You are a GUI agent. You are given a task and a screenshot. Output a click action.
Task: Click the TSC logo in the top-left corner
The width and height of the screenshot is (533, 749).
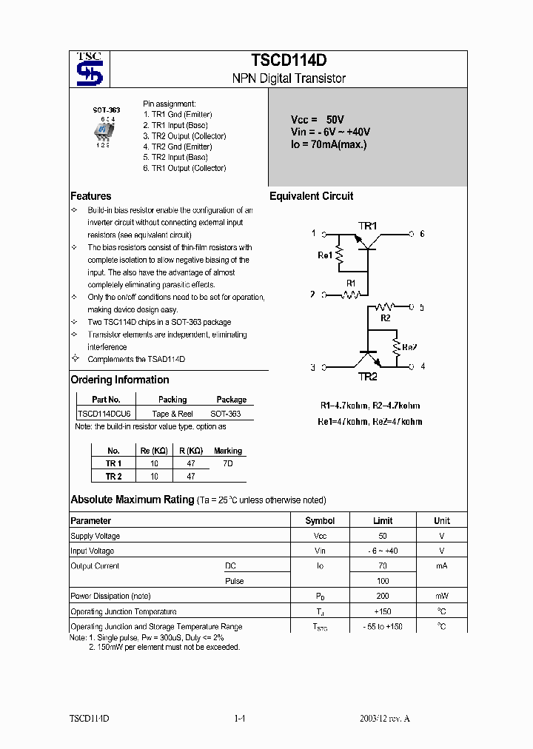(89, 70)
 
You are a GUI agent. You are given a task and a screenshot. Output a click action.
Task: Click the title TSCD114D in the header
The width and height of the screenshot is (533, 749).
(289, 61)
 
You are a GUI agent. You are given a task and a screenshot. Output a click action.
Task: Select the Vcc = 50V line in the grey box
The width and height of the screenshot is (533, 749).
(317, 119)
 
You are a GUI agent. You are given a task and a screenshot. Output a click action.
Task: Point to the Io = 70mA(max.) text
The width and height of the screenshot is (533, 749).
(328, 144)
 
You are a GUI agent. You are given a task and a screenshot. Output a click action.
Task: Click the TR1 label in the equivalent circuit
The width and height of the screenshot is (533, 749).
(368, 226)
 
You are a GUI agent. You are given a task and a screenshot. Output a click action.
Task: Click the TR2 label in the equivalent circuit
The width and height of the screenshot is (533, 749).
(368, 377)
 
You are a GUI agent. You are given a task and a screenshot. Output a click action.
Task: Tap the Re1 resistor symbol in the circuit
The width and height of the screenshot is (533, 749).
(340, 255)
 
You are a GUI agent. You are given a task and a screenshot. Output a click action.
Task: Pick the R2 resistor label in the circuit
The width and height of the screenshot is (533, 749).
(385, 318)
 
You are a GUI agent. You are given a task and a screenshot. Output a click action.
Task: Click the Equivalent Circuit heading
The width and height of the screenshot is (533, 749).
(311, 196)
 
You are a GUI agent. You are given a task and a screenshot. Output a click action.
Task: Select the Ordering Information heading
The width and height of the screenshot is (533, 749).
(119, 380)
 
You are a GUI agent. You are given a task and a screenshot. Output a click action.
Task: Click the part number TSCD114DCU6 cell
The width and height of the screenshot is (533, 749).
(104, 414)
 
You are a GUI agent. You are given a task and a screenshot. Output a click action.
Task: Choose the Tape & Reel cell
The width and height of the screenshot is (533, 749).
(172, 414)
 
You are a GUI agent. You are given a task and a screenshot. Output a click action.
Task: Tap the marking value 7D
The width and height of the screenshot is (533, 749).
(228, 463)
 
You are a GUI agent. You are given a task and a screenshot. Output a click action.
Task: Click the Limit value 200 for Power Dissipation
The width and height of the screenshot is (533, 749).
(383, 596)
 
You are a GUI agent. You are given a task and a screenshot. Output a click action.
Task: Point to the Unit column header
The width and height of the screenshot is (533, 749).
(441, 520)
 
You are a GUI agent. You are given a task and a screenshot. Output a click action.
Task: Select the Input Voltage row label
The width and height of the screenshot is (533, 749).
(93, 551)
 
